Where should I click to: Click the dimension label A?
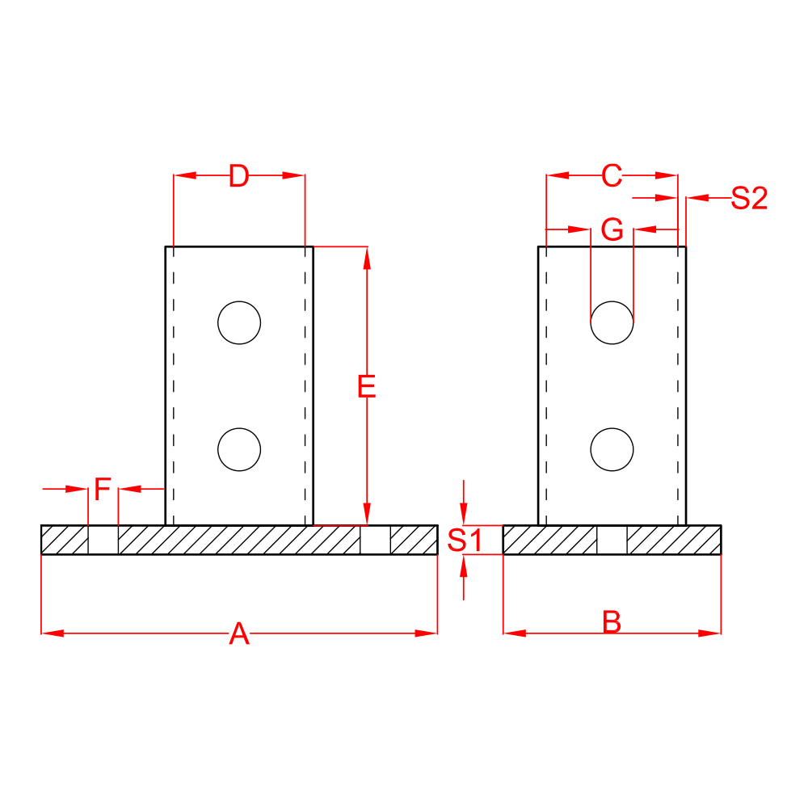coord(239,633)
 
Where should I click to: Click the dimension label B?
coord(612,623)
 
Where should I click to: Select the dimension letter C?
coord(612,175)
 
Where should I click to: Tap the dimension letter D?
coord(238,175)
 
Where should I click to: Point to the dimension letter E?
coord(367,388)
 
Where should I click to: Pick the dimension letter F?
coord(103,489)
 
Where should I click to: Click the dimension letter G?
coord(612,230)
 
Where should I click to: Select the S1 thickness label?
coord(465,540)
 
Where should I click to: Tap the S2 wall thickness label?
coord(748,198)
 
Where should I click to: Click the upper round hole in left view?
coord(239,322)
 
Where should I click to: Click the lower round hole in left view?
coord(239,449)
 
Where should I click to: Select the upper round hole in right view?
coord(612,322)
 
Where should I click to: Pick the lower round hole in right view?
coord(612,449)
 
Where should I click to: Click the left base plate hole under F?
coord(103,540)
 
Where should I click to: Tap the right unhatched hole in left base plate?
coord(376,540)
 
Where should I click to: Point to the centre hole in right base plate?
coord(612,540)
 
